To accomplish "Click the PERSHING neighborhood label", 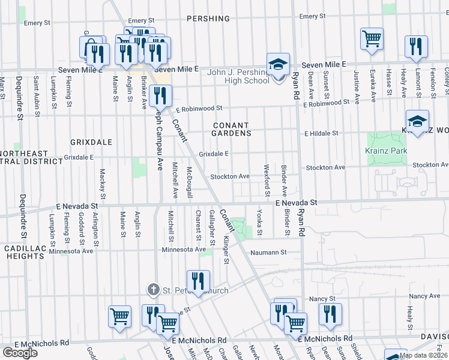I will coord(208,19).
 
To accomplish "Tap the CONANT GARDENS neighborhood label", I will coord(231,129).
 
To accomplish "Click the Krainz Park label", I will coord(383,151).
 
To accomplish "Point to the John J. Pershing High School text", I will coord(238,76).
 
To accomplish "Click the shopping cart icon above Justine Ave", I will coord(372,39).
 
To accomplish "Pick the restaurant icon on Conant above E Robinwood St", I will coord(160,95).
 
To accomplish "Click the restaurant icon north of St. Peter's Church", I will coord(198,281).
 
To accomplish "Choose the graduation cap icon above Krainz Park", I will coord(417,121).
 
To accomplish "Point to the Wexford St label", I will coord(266,180).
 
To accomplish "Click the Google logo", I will coord(20,352).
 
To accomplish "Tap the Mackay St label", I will coord(103,184).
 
